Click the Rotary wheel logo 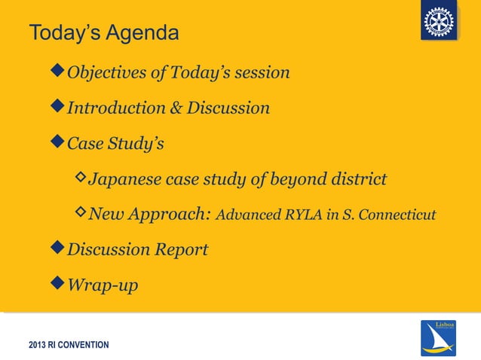[x=439, y=22]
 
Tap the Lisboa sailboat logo [x=438, y=337]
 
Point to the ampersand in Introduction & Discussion [x=175, y=108]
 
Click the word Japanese [x=124, y=179]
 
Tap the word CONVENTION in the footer [x=84, y=345]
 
